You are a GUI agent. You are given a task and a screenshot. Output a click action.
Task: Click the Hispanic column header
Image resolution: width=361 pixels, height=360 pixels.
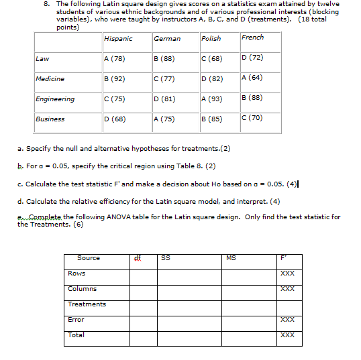tap(118, 39)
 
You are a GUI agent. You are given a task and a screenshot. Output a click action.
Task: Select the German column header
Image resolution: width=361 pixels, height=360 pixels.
tap(167, 39)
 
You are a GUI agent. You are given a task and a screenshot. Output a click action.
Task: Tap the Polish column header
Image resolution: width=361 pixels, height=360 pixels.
tap(211, 39)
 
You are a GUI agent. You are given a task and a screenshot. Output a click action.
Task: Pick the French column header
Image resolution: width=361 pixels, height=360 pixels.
tap(253, 38)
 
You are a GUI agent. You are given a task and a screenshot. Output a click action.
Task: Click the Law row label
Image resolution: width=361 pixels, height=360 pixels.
tap(42, 59)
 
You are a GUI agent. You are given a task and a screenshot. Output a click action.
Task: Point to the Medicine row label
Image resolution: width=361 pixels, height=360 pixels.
tap(50, 79)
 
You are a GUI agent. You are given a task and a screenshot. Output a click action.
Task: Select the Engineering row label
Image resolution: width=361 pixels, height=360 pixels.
tap(55, 99)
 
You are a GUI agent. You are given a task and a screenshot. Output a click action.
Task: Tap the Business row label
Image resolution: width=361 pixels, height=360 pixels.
tap(50, 119)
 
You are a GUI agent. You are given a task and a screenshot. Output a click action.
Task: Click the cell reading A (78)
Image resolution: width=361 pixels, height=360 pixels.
tap(115, 59)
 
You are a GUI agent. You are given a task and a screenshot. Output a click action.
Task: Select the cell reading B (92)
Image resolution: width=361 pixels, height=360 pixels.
tap(115, 79)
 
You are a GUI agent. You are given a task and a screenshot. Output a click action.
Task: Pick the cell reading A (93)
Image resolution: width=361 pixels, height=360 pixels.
tap(211, 99)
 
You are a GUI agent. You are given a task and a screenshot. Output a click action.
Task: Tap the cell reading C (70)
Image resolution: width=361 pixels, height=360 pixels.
tap(252, 118)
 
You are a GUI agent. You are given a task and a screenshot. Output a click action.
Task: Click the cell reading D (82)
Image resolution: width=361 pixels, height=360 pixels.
tap(211, 79)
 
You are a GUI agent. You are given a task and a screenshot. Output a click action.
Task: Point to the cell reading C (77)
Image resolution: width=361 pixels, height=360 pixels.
tap(164, 79)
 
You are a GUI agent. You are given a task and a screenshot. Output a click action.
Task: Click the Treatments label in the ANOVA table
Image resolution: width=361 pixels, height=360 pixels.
tap(87, 304)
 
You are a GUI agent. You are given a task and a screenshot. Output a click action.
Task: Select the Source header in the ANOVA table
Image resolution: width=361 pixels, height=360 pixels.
tap(89, 258)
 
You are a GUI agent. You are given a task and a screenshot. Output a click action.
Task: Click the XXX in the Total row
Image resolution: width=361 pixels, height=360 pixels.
tap(287, 335)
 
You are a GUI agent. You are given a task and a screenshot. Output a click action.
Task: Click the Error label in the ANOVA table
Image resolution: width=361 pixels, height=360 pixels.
tap(76, 320)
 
